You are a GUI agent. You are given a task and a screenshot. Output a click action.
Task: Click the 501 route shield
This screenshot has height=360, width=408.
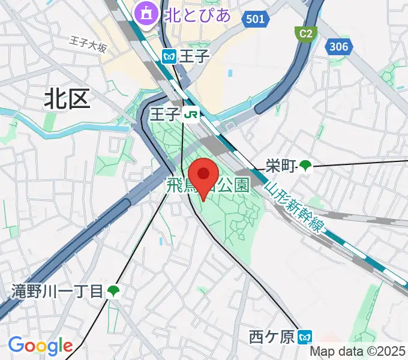[254, 20]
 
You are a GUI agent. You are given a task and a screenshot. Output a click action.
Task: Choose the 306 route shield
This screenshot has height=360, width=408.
[338, 46]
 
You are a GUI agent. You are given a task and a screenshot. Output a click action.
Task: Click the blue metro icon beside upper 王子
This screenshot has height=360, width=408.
[169, 56]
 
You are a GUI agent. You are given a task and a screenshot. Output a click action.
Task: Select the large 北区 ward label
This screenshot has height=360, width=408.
[67, 98]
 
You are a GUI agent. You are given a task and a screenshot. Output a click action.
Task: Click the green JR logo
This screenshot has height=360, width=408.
[192, 113]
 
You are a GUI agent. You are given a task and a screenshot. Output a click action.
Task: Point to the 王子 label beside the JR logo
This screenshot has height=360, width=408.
[165, 113]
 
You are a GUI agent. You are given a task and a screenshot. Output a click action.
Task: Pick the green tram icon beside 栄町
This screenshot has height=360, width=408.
[306, 165]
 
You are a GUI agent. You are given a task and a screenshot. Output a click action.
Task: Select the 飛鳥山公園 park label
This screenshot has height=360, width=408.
[207, 185]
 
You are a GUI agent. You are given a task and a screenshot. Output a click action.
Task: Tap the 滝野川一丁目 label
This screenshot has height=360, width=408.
[58, 292]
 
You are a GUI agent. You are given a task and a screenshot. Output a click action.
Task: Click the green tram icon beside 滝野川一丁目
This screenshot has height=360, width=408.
[113, 292]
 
